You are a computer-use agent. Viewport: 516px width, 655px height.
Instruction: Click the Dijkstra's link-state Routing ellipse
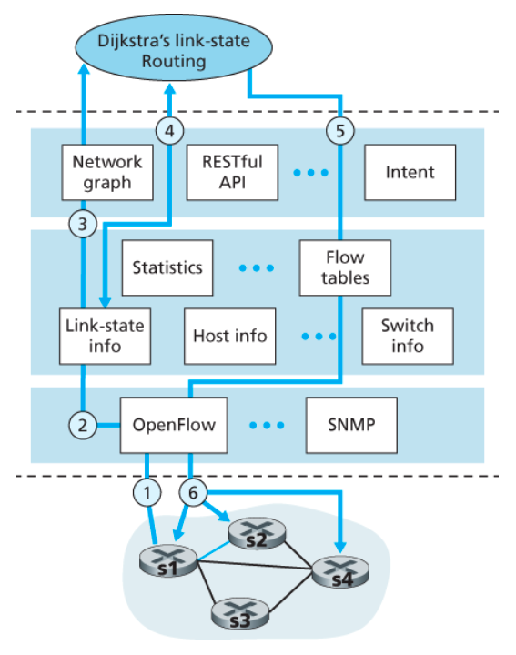point(174,47)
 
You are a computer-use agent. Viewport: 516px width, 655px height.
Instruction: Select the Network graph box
point(107,172)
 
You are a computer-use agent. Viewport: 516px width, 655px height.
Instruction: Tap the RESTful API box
point(232,172)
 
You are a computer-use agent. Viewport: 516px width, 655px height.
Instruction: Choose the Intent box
point(410,172)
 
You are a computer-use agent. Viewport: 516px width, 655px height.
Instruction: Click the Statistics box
point(167,267)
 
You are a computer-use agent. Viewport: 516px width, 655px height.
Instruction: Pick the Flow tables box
point(345,267)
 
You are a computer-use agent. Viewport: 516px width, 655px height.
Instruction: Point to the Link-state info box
point(105,337)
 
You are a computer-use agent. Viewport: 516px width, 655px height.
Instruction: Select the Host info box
point(230,337)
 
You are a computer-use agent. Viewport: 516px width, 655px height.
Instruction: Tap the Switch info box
point(408,337)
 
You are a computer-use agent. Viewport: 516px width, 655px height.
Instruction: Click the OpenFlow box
point(174,425)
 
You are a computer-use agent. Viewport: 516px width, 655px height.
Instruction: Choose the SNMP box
point(351,425)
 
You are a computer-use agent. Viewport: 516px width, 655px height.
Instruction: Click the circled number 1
point(147,493)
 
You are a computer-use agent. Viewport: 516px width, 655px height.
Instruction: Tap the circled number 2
point(83,425)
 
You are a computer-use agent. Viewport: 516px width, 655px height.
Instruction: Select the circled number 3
point(83,224)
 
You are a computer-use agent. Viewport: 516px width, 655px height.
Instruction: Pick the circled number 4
point(169,131)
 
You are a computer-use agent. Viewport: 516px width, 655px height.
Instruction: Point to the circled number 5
point(340,131)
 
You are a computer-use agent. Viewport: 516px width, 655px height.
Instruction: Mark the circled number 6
point(193,493)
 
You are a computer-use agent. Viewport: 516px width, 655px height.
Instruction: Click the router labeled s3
point(240,613)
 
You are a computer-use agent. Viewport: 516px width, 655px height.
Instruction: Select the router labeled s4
point(340,571)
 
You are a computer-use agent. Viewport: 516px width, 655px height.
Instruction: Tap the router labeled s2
point(257,533)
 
